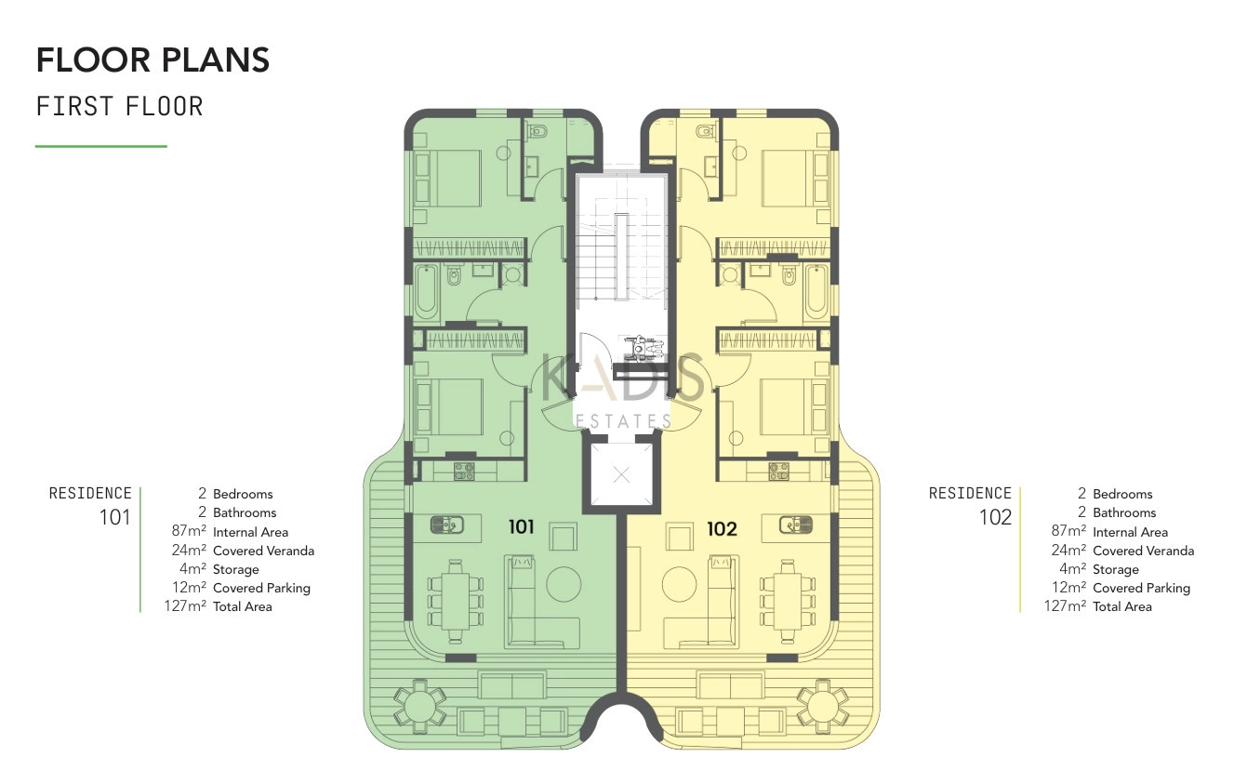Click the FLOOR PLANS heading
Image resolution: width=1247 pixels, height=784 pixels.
[153, 60]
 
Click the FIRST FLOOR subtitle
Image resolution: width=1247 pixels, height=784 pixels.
[120, 106]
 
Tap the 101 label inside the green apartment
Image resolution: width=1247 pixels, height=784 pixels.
[521, 526]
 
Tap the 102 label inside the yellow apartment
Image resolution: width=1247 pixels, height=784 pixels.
[722, 528]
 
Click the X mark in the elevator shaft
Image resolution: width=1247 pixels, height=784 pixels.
[621, 475]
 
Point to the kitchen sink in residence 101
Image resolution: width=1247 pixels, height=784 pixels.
[447, 525]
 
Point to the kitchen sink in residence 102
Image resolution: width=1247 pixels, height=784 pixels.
[795, 525]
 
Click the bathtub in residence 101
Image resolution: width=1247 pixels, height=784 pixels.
[427, 292]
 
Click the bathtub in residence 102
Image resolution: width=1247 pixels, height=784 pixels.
[816, 291]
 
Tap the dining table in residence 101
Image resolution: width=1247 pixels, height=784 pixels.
[456, 601]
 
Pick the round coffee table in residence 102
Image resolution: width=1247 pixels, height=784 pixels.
[679, 584]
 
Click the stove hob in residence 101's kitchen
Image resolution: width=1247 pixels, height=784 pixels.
[464, 472]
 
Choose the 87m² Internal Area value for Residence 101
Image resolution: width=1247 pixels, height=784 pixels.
[189, 531]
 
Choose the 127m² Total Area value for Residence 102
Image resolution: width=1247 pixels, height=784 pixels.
[1065, 605]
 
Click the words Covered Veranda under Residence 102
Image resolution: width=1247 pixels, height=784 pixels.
[1144, 551]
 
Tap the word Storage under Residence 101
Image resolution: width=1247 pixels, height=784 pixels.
[236, 569]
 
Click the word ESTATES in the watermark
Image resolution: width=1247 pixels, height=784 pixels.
[622, 421]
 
